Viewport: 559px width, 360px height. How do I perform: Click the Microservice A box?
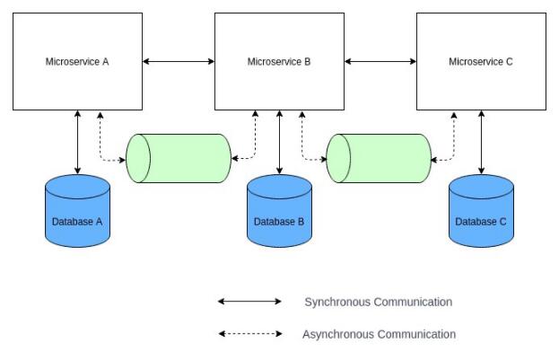(77, 61)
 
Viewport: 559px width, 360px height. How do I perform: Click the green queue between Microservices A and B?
(179, 158)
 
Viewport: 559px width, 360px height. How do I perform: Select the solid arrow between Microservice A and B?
(179, 61)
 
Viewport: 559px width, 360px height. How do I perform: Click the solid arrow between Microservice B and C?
(380, 61)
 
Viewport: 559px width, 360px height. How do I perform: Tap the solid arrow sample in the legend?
(249, 302)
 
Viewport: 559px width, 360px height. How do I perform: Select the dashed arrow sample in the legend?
(249, 334)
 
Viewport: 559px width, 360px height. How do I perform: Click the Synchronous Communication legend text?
(378, 302)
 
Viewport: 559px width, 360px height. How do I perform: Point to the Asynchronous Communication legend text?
(380, 334)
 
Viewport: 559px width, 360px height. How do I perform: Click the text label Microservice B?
(279, 62)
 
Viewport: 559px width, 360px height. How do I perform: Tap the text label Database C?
(482, 221)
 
